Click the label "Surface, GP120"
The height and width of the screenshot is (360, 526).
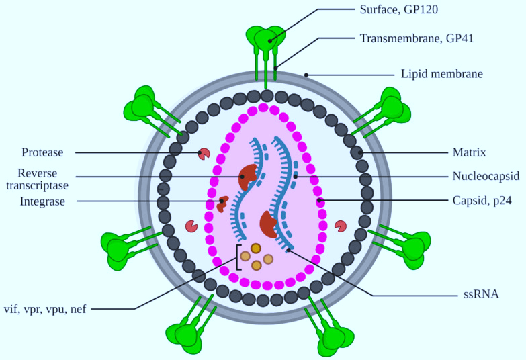pos(399,9)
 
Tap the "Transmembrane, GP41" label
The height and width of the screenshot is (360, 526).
pos(417,38)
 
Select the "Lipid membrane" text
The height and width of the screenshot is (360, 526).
pos(442,74)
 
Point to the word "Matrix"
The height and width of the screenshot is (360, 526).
pos(469,152)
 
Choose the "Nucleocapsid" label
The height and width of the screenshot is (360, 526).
pos(486,176)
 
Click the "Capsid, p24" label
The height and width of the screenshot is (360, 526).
pos(482,201)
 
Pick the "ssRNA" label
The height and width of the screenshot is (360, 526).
pos(481,295)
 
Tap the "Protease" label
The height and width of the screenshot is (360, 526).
pos(42,152)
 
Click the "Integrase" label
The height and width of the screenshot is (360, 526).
pos(42,201)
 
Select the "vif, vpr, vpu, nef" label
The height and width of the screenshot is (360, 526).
pos(45,309)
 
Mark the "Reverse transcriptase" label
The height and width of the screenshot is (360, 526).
pos(37,179)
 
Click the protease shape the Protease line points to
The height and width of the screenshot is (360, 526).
pos(204,154)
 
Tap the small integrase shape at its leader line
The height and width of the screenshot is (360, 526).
pos(222,204)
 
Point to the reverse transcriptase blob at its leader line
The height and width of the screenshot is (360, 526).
pos(248,177)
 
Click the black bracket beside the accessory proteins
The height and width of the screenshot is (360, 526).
pos(238,257)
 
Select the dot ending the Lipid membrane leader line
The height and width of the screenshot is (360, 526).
pos(306,75)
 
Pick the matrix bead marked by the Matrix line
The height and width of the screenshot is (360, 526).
pos(357,152)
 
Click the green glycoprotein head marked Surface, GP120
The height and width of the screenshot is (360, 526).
pos(266,39)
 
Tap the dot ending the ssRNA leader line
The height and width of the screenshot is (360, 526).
pos(288,250)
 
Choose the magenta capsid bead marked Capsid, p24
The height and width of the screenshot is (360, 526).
pos(320,201)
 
